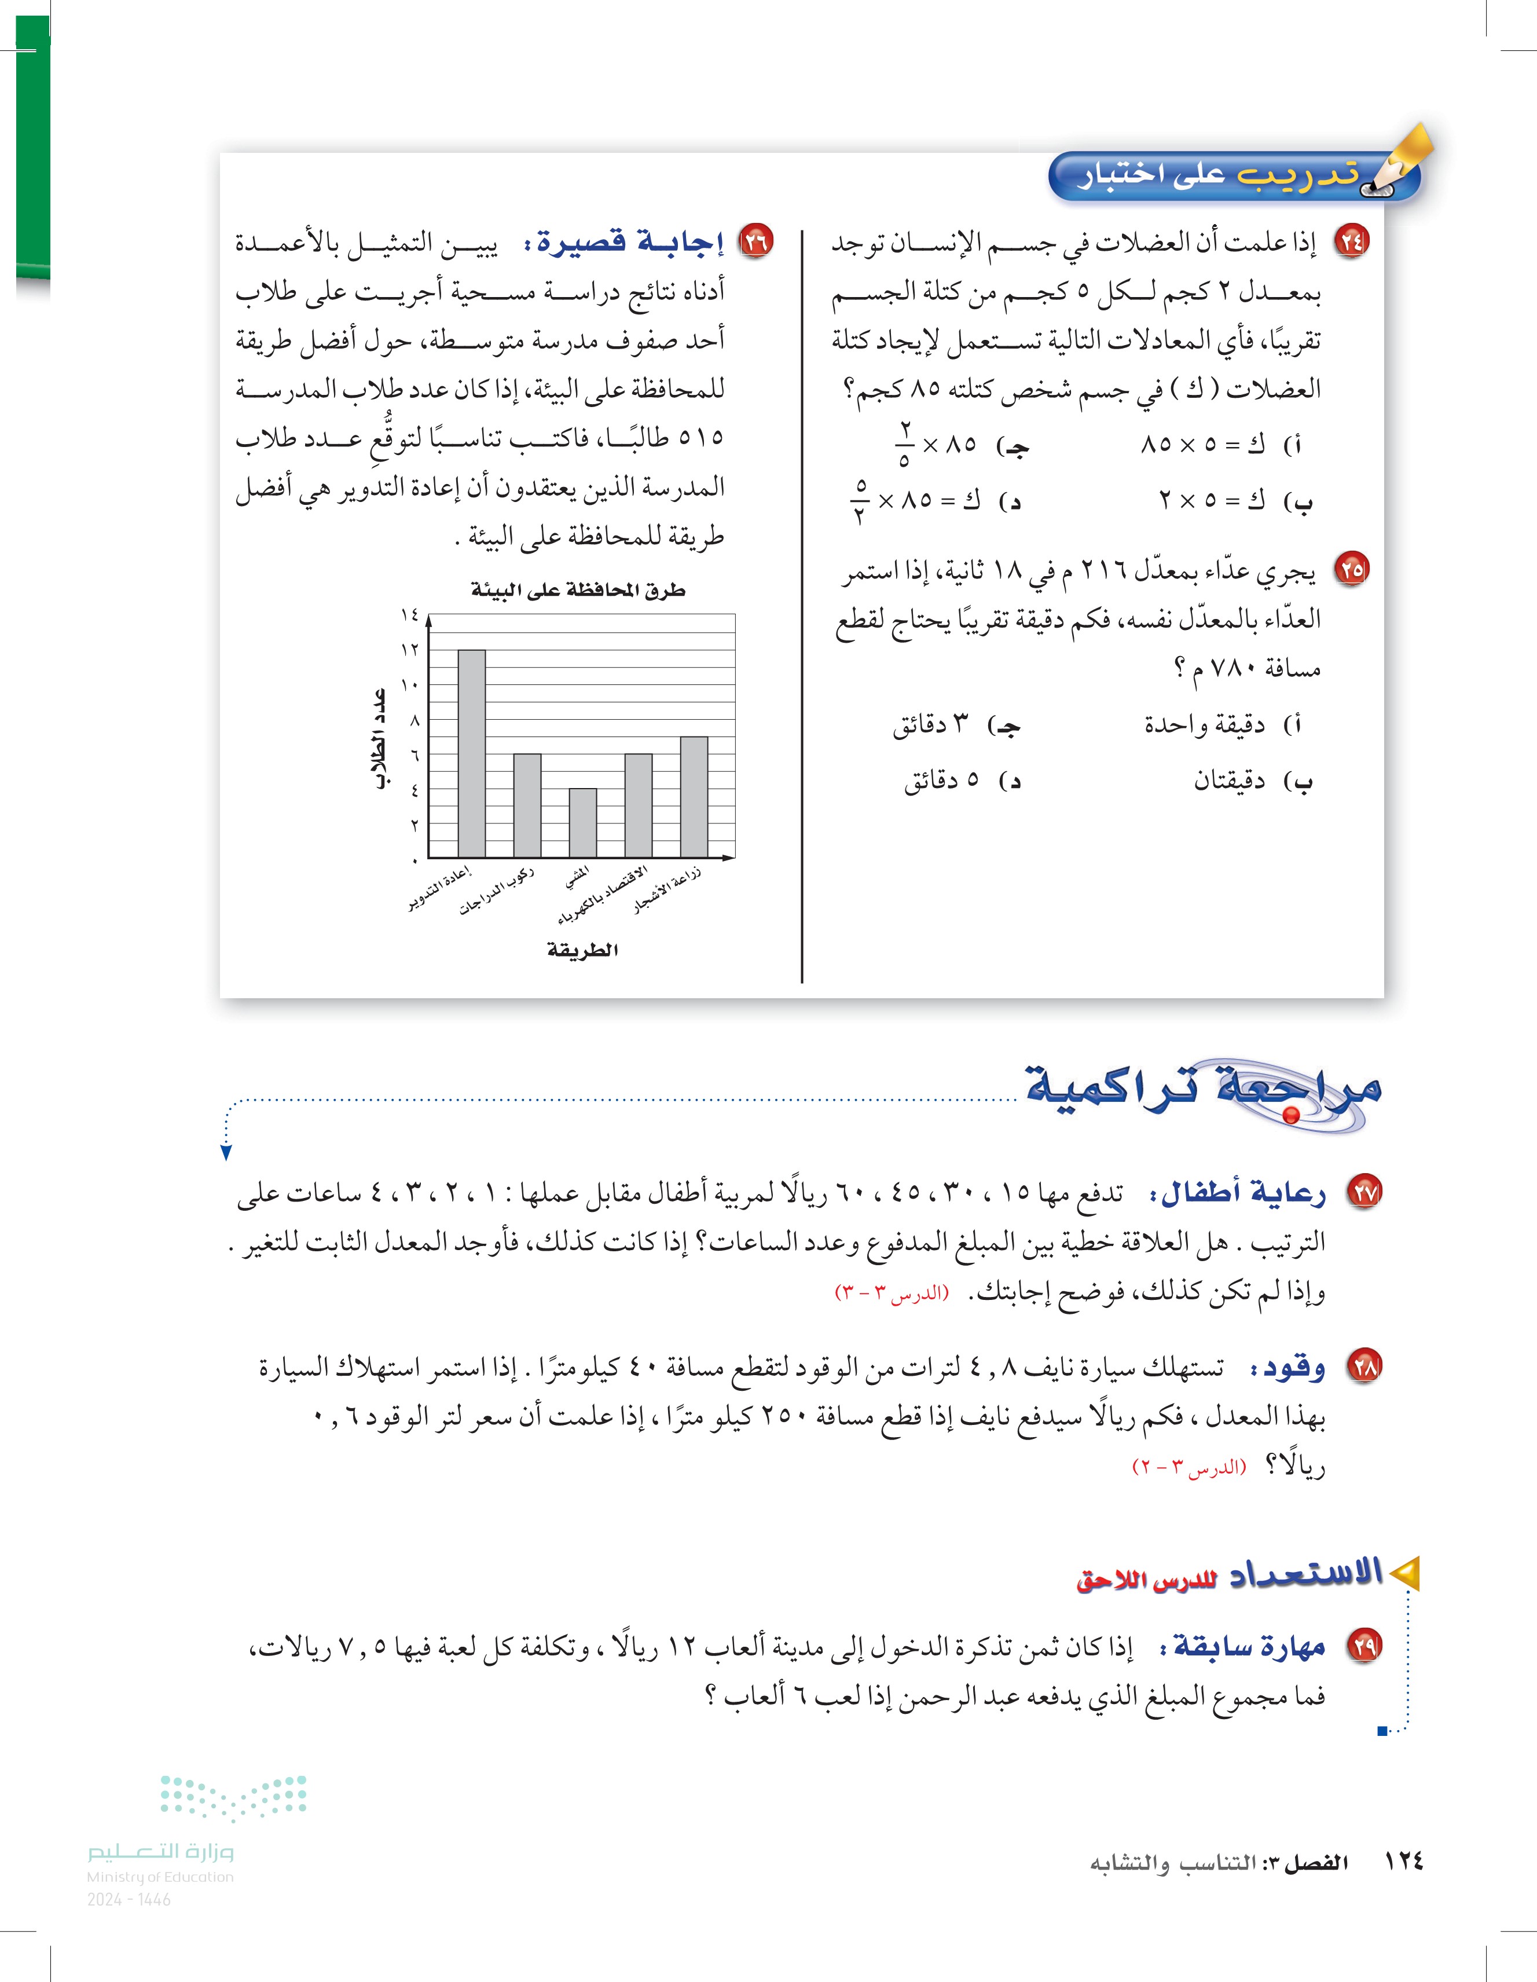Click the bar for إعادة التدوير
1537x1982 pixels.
471,753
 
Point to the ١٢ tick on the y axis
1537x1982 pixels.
410,650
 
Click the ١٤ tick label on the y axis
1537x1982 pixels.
410,616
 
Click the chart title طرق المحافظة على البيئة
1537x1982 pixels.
578,591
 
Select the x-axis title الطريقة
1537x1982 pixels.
582,950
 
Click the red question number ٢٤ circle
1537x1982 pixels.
1350,242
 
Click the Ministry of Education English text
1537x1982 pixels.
160,1877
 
